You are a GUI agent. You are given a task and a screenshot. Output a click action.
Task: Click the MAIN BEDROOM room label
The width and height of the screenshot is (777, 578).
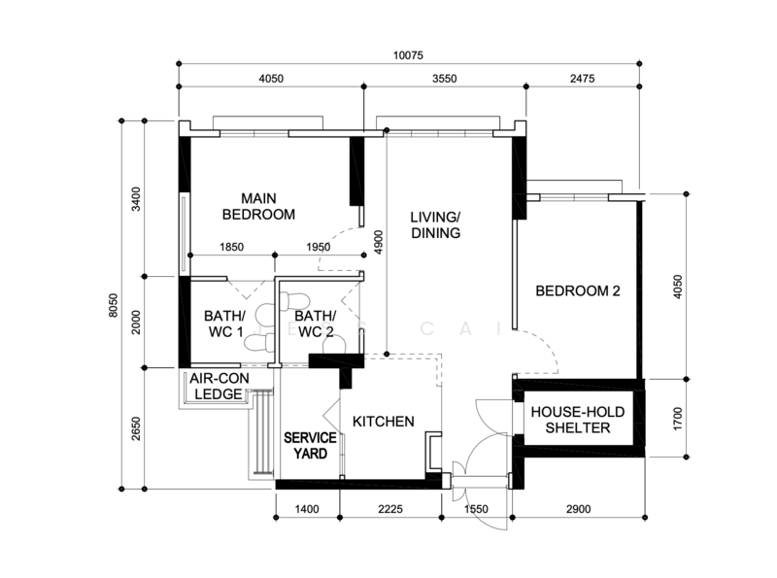[258, 207]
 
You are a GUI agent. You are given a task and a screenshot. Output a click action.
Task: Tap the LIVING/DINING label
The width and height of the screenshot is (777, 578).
[435, 225]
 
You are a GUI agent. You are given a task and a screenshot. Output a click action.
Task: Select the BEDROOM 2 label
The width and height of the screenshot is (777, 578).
[578, 291]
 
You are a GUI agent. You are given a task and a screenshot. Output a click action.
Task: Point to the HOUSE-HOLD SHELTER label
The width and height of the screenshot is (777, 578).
[578, 420]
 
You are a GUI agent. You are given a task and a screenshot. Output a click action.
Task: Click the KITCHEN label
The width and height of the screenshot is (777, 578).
[384, 422]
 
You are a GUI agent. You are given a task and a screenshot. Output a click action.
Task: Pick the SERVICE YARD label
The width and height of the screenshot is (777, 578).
[310, 446]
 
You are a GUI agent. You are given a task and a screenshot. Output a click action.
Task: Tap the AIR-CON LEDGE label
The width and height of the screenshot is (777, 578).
[220, 387]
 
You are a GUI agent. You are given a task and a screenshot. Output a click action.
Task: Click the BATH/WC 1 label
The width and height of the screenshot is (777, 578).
[225, 323]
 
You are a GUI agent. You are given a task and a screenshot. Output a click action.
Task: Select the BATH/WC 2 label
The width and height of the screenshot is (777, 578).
[315, 323]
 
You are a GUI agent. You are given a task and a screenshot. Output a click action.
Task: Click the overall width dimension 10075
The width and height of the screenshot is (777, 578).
[408, 55]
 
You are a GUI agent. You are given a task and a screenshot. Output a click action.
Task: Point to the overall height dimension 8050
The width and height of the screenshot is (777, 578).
[114, 305]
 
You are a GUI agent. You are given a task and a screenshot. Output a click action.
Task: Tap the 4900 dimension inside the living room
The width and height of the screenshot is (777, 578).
[379, 243]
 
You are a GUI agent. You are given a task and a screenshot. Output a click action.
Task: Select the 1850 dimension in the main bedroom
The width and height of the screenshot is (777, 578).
[231, 247]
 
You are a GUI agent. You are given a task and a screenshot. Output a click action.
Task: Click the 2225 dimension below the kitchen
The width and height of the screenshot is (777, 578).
[390, 509]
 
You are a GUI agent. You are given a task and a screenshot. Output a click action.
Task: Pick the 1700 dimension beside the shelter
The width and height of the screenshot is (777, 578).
[678, 419]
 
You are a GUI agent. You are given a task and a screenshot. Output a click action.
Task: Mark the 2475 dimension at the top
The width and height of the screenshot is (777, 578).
[582, 79]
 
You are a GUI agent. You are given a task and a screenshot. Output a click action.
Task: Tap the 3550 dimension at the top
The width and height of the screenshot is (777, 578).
[445, 79]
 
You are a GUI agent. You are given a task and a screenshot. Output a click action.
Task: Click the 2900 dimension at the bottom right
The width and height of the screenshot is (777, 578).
[578, 509]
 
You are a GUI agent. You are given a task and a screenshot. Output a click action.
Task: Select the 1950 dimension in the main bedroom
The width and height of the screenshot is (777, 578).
[319, 247]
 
